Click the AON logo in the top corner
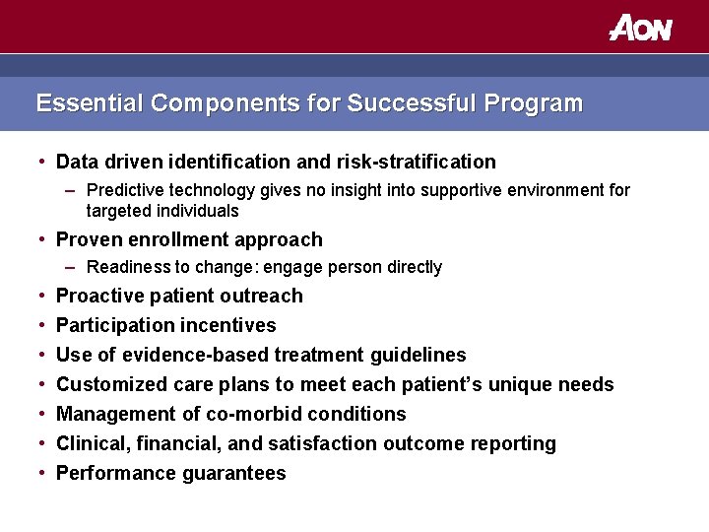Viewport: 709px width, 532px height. click(x=640, y=28)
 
